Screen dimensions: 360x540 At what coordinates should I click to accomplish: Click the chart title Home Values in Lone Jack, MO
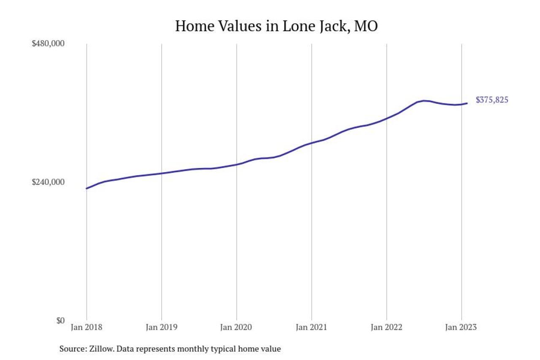pyautogui.click(x=276, y=26)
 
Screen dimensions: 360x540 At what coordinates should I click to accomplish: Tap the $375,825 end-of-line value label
pyautogui.click(x=492, y=100)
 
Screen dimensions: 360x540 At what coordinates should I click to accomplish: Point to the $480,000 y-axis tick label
pyautogui.click(x=48, y=43)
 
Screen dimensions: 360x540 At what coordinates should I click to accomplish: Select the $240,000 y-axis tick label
pyautogui.click(x=48, y=182)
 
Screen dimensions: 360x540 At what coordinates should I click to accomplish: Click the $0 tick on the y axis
pyautogui.click(x=60, y=320)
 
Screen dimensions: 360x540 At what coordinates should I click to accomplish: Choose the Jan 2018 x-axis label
pyautogui.click(x=86, y=328)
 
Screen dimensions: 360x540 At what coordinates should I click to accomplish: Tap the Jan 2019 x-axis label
pyautogui.click(x=162, y=328)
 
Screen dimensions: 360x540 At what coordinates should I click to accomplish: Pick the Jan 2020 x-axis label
pyautogui.click(x=237, y=328)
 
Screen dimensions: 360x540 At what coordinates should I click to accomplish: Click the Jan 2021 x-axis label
pyautogui.click(x=311, y=328)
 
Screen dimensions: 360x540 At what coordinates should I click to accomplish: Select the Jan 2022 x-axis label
pyautogui.click(x=386, y=328)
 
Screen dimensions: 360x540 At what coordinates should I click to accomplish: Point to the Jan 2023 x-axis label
pyautogui.click(x=461, y=328)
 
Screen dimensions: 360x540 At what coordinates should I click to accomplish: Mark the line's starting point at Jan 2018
pyautogui.click(x=86, y=188)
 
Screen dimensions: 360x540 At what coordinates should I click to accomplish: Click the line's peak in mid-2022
pyautogui.click(x=424, y=100)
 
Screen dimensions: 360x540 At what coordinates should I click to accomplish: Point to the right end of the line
pyautogui.click(x=467, y=103)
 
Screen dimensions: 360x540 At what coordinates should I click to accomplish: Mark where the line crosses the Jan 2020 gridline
pyautogui.click(x=237, y=164)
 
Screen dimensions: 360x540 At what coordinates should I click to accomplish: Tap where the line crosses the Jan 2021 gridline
pyautogui.click(x=311, y=143)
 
